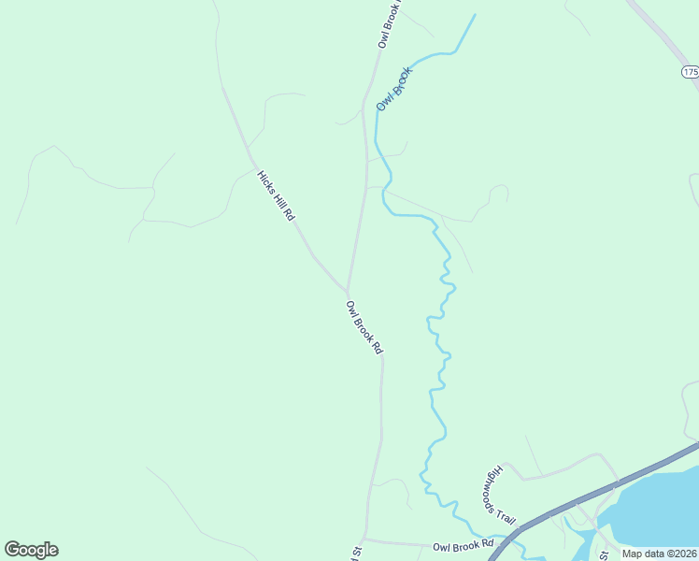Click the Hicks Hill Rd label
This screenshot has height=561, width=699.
point(277,195)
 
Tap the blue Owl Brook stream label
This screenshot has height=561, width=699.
point(394,88)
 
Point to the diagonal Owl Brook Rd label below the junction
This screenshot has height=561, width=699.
point(364,327)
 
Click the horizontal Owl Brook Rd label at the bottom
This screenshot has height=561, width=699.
point(463,545)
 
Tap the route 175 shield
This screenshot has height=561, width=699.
point(690,72)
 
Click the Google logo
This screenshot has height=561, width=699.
point(31,550)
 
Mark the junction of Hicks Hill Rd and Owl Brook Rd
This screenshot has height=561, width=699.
point(348,290)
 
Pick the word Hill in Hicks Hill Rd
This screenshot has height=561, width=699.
point(278,196)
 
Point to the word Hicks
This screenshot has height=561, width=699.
point(264,178)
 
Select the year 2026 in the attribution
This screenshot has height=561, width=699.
point(682,553)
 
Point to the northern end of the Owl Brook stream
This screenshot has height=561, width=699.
point(475,15)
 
